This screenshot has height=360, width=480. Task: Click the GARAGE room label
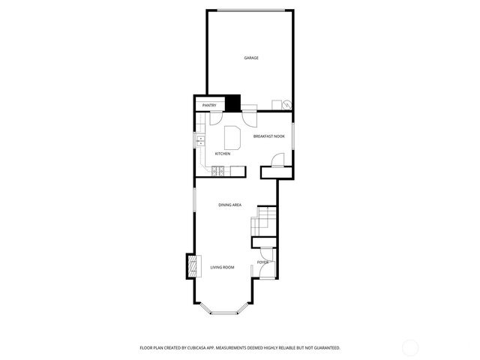(x=251, y=58)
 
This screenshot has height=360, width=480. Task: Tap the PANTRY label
(x=209, y=106)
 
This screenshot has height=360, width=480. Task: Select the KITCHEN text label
(x=223, y=154)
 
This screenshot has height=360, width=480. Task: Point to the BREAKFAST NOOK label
(x=268, y=136)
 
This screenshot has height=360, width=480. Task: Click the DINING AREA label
(x=229, y=205)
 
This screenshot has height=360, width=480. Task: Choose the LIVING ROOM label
(x=222, y=267)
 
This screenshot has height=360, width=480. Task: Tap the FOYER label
(x=262, y=262)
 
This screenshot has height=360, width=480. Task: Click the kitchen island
(x=232, y=139)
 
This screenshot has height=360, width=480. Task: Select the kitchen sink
(x=199, y=141)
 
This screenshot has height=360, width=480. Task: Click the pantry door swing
(x=215, y=118)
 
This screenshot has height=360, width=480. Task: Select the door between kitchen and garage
(x=250, y=116)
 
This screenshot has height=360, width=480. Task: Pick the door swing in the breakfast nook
(x=277, y=160)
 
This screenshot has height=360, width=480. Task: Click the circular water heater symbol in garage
(x=286, y=105)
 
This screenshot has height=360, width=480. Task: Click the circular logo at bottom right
(x=410, y=347)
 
